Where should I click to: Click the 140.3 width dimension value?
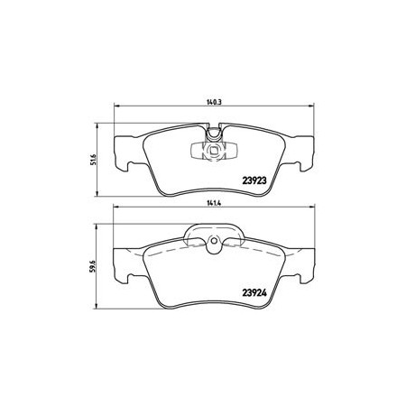click(x=214, y=102)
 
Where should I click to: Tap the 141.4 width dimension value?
click(x=214, y=203)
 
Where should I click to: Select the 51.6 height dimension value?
click(x=93, y=160)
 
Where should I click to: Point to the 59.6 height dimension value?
click(x=93, y=266)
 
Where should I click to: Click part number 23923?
click(x=254, y=180)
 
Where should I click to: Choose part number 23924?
click(x=254, y=292)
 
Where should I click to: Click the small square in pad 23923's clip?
click(x=214, y=150)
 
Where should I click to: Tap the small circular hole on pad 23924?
click(x=214, y=241)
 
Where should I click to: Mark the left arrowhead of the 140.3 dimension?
click(x=117, y=106)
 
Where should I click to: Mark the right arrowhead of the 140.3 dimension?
click(x=311, y=106)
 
